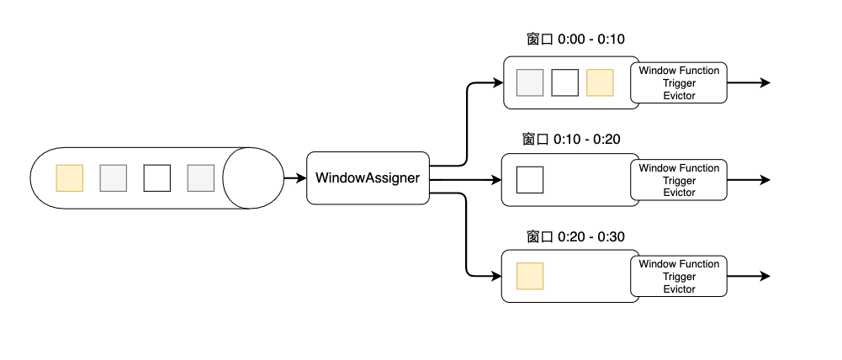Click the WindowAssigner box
coord(368,178)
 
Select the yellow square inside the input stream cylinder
coord(70,177)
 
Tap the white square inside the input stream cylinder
coord(156,177)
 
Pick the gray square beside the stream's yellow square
coord(114,177)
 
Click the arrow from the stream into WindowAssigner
coord(294,178)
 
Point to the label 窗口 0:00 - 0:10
coord(575,40)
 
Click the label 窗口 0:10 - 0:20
coord(571,140)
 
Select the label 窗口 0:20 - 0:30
coord(575,237)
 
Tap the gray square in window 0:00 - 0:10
coord(530,82)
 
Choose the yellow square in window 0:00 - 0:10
coord(600,82)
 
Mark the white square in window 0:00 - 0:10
coord(565,82)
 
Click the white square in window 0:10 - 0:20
coord(530,179)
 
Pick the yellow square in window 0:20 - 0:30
coord(530,276)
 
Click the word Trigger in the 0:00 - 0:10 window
coord(680,83)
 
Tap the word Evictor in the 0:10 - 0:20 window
coord(680,193)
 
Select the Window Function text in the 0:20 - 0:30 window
coord(680,264)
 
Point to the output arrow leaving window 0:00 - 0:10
coord(749,82)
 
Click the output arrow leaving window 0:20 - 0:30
coord(749,276)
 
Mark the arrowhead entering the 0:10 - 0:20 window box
coord(497,179)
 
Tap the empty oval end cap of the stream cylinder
coord(253,177)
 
